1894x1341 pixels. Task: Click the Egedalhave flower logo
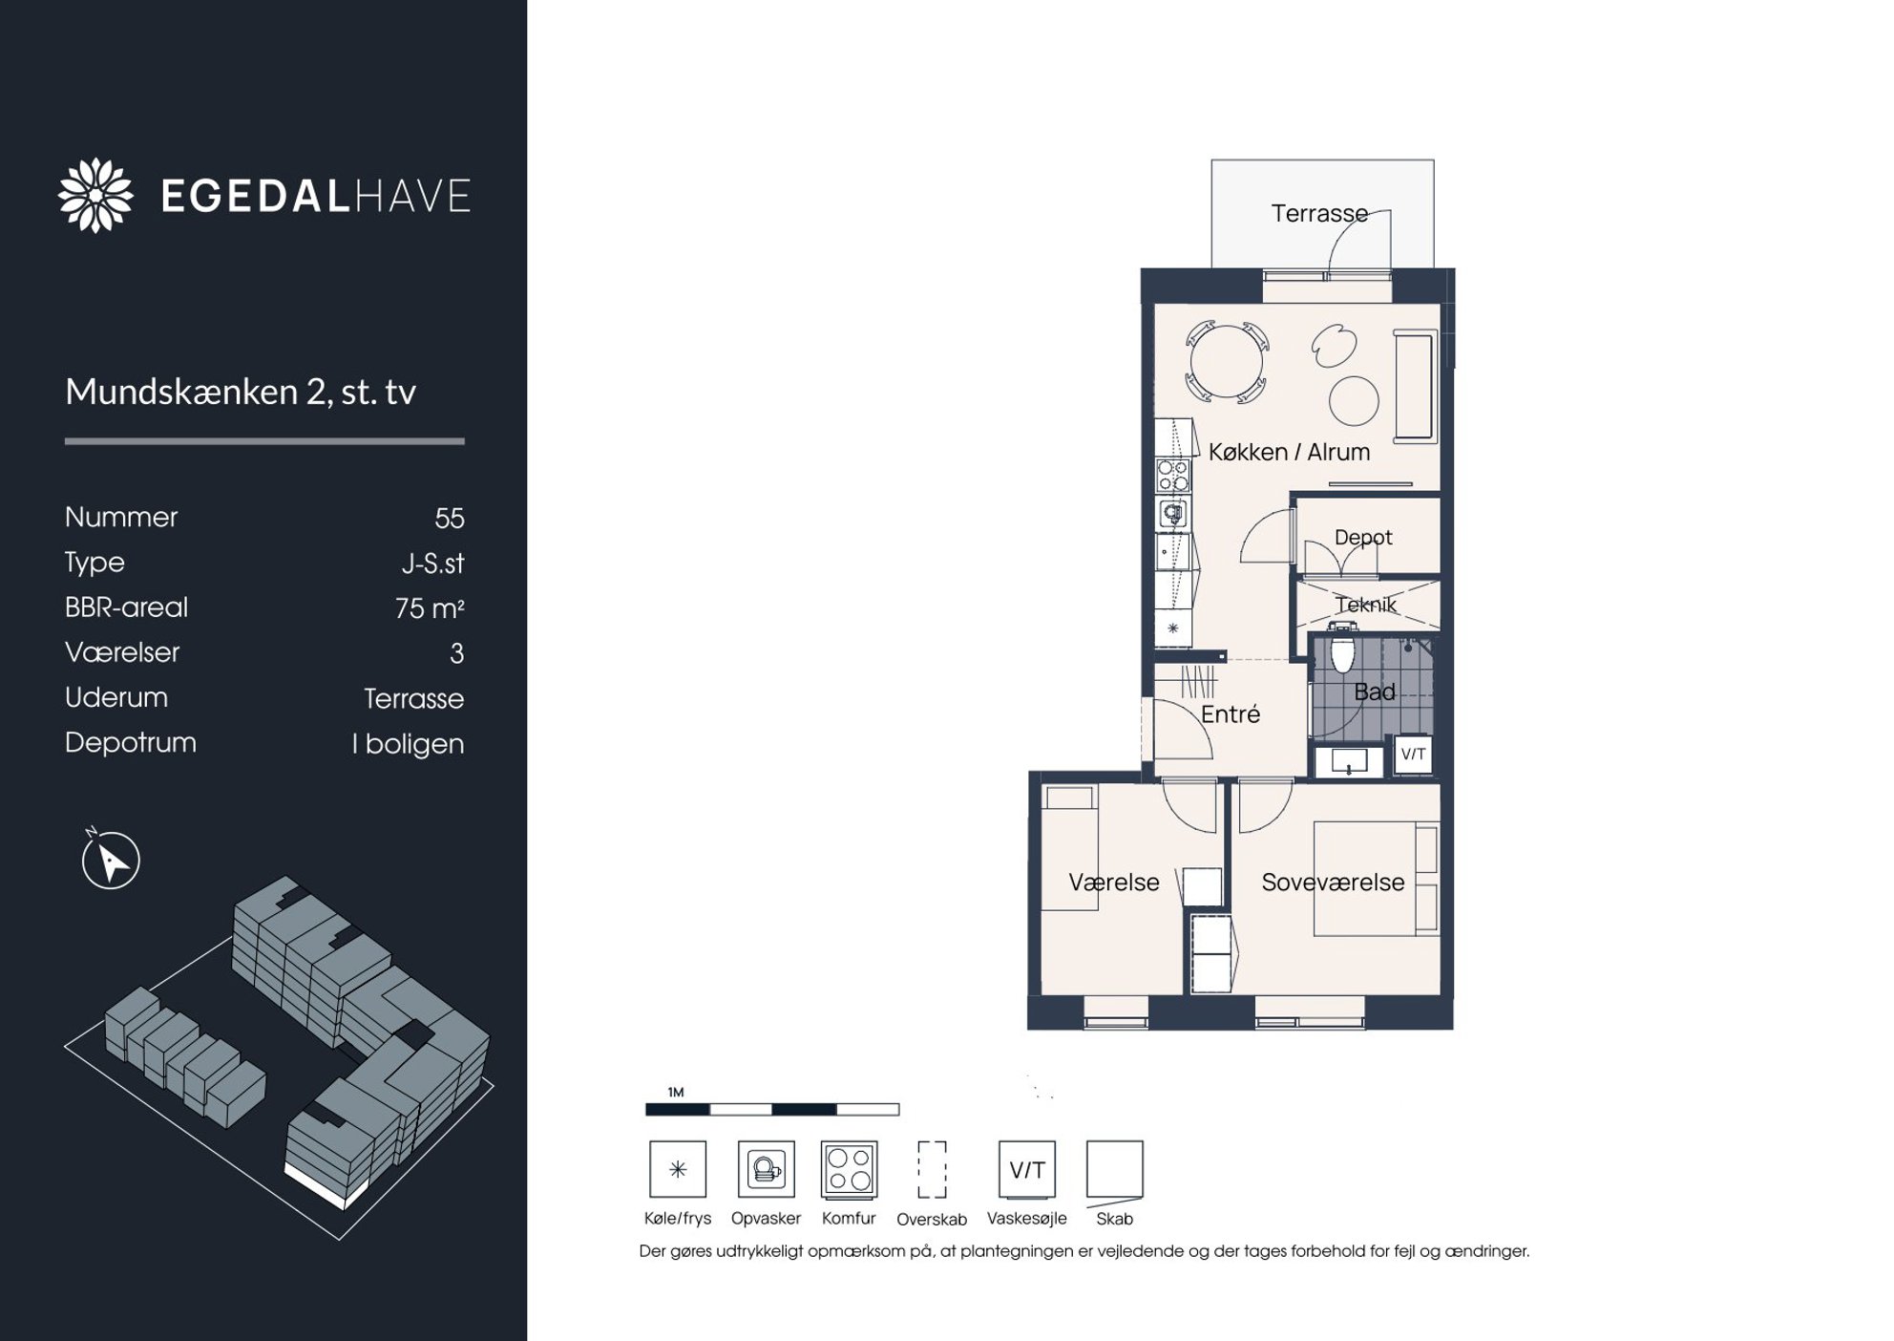tap(95, 195)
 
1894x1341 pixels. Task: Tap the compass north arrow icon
tap(111, 860)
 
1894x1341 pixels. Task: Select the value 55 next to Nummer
tap(449, 519)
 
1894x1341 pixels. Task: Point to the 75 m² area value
tap(430, 608)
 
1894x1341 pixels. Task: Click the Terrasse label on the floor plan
tap(1319, 213)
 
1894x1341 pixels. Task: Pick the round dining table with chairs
tap(1227, 362)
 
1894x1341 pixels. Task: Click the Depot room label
tap(1363, 538)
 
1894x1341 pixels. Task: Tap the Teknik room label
tap(1366, 605)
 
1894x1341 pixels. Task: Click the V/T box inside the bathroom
tap(1413, 754)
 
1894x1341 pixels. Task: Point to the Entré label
tap(1231, 713)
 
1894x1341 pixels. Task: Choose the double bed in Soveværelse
tap(1376, 879)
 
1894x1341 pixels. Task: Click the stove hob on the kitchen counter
tap(1173, 475)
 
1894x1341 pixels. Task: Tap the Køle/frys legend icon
tap(678, 1169)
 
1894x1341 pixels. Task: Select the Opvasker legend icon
tap(766, 1169)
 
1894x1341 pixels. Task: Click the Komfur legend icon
tap(849, 1169)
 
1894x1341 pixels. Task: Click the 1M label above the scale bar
tap(676, 1092)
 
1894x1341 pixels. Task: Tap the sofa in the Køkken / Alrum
tap(1415, 386)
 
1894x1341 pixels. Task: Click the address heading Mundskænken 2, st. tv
tap(241, 392)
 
